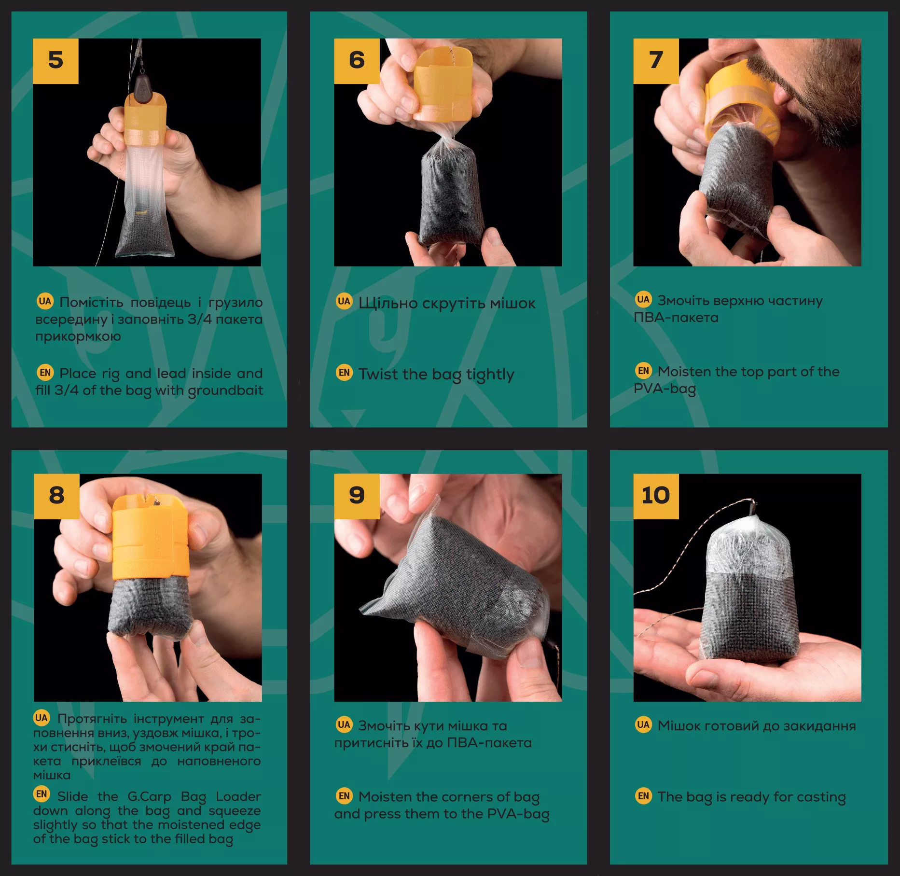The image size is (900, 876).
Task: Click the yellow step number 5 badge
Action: (55, 61)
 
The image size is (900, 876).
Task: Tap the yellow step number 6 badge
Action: (357, 61)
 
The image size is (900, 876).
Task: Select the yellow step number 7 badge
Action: (656, 61)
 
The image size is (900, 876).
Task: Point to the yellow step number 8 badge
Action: (56, 496)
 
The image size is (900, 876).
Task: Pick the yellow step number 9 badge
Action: (357, 496)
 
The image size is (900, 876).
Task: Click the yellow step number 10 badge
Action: (656, 496)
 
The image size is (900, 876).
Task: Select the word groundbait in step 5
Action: (225, 390)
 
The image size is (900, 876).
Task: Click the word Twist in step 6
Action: (378, 374)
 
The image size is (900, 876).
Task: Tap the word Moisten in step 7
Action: (684, 371)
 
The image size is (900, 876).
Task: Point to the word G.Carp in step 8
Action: (149, 796)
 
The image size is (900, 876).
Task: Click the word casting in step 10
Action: (821, 797)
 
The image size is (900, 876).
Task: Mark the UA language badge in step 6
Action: (344, 301)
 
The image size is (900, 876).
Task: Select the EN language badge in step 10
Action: (643, 795)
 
